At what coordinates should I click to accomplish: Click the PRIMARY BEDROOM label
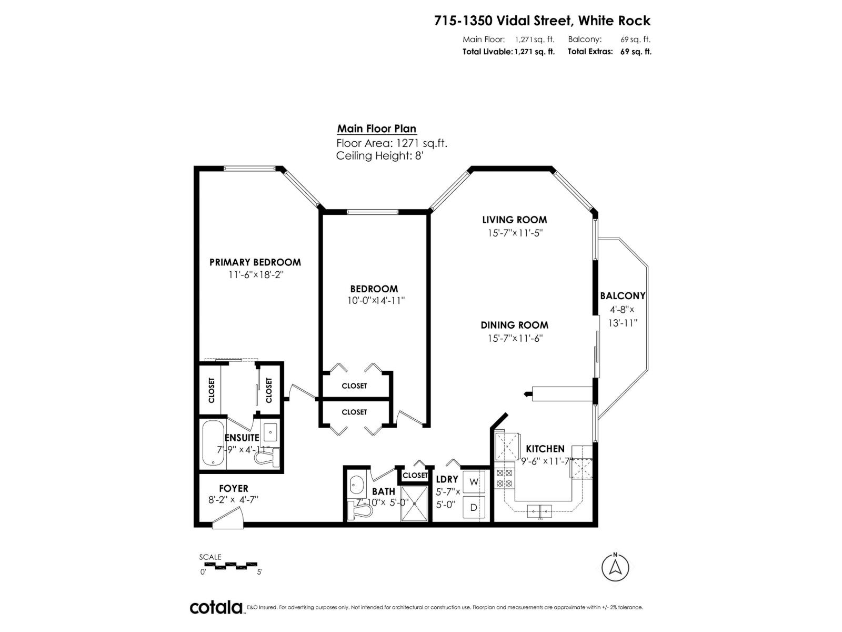coord(255,262)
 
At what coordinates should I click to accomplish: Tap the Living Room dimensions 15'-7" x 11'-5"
coord(515,233)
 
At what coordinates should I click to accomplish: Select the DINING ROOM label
coord(514,325)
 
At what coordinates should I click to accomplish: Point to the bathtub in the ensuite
coord(213,444)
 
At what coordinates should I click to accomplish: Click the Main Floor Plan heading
coord(376,129)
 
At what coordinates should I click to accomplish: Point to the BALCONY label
coord(623,296)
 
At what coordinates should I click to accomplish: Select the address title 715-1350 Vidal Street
coord(542,21)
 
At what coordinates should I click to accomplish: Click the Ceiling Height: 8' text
coord(379,156)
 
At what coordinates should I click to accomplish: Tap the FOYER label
coord(234,489)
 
